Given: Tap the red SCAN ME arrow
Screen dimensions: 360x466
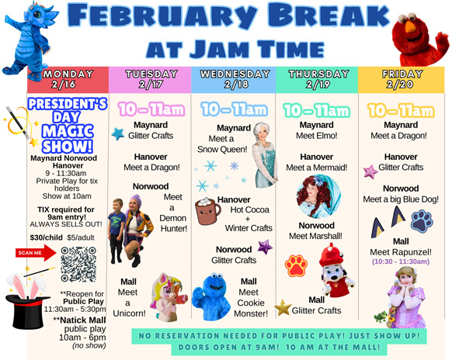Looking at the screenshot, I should pyautogui.click(x=36, y=252).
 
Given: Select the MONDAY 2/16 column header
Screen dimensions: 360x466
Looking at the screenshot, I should pyautogui.click(x=68, y=79).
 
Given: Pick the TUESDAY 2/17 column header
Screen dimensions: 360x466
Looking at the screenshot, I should pyautogui.click(x=151, y=79).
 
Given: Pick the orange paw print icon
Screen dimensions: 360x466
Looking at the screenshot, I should pyautogui.click(x=296, y=266).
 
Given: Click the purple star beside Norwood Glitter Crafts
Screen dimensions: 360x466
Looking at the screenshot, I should pyautogui.click(x=265, y=247).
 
